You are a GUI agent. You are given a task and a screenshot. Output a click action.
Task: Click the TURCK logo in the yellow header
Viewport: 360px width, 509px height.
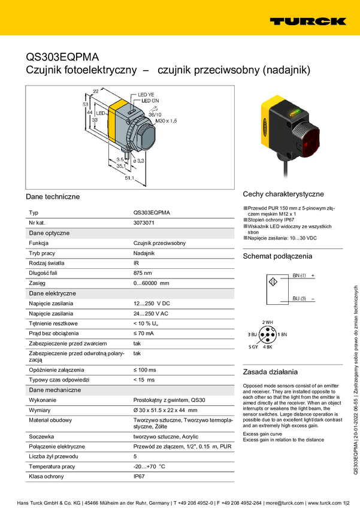pos(308,22)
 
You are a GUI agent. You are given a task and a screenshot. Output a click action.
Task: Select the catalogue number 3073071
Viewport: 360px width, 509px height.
pos(144,223)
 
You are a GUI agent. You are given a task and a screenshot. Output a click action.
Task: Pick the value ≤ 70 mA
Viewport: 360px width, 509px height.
pos(144,333)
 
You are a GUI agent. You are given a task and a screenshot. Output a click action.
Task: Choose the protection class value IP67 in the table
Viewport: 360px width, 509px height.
pos(139,477)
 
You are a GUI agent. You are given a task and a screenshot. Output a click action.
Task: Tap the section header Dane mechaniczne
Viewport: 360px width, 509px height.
pos(55,390)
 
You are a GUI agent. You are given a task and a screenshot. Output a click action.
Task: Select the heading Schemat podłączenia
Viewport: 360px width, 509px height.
pos(277,256)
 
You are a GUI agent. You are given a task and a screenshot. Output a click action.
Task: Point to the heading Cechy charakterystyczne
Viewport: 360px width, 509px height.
pos(283,195)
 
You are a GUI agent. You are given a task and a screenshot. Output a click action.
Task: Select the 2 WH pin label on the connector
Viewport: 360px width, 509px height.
pos(268,322)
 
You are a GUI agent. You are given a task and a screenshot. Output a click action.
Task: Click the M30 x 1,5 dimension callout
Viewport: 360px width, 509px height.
pos(166,121)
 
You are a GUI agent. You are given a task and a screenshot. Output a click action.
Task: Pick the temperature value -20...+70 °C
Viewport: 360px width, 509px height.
pos(149,466)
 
